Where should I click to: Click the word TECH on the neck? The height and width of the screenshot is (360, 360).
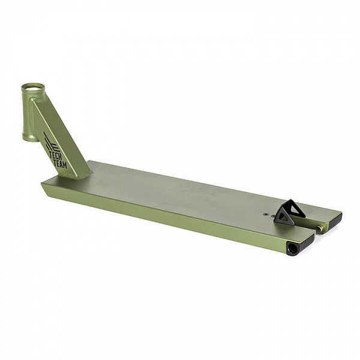55,155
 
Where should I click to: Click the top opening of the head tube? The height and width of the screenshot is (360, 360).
33,87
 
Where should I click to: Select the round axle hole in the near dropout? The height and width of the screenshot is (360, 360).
290,248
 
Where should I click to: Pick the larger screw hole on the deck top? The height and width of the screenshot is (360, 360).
266,214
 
